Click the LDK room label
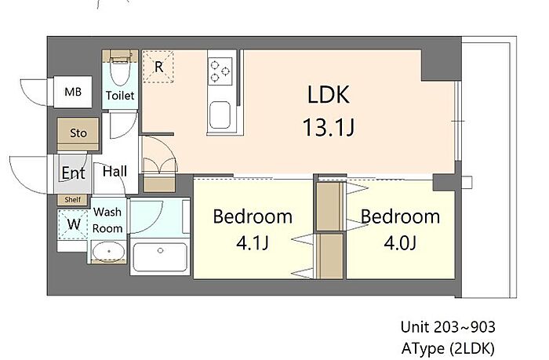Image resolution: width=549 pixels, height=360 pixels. [329, 95]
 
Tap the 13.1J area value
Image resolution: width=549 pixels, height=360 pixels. [329, 127]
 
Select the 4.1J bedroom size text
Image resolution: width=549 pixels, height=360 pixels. [253, 242]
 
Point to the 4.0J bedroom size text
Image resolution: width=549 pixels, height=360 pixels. [400, 242]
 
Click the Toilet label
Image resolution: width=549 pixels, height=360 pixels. [120, 95]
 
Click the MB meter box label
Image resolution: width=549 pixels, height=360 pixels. [73, 92]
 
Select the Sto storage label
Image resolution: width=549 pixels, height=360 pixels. [78, 133]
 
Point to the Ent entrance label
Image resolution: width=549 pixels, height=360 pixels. [73, 173]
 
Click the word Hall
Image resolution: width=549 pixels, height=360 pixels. [115, 171]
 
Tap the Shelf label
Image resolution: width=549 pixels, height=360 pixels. [73, 200]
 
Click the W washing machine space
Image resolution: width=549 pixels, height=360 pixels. [73, 224]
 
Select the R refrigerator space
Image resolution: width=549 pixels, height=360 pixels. [158, 67]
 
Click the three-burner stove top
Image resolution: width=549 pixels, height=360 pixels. [220, 71]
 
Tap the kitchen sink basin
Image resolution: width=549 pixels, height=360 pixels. [220, 115]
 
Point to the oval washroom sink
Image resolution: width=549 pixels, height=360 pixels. [108, 252]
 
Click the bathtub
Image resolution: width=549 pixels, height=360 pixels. [160, 256]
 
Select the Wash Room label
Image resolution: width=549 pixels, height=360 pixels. [107, 220]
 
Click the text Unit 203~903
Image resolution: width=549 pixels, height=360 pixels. [448, 327]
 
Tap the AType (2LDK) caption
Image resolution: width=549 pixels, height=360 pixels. [448, 348]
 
